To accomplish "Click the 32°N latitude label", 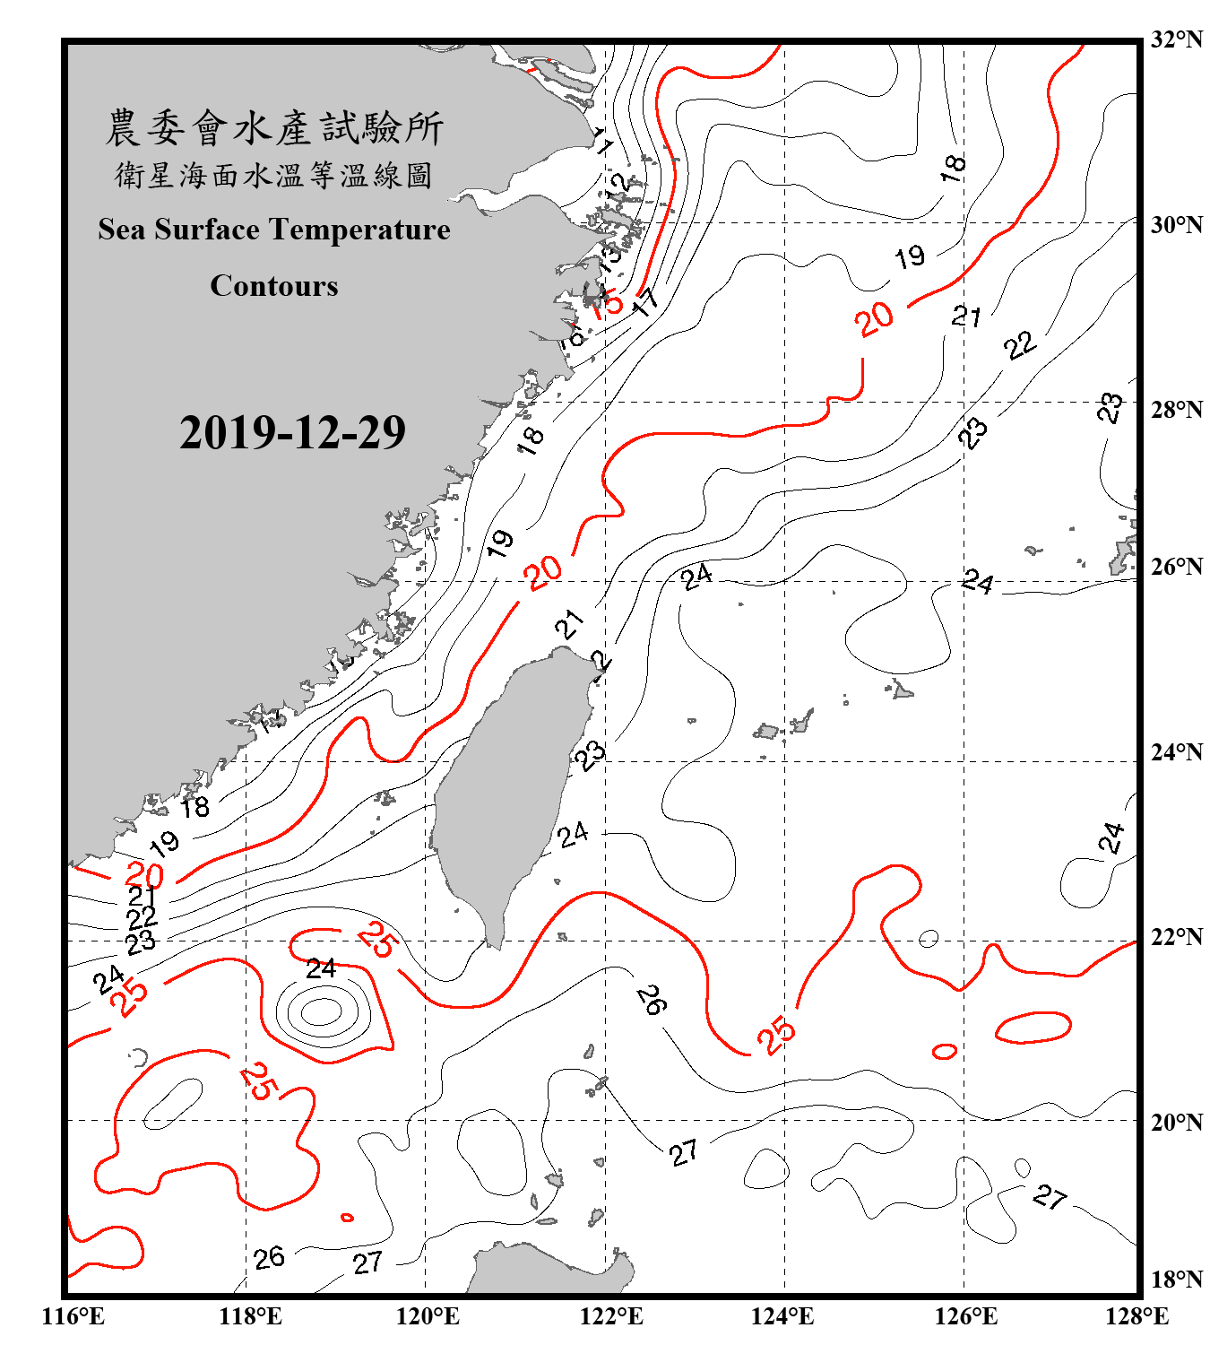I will tap(1177, 39).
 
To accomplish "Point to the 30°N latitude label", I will tap(1177, 225).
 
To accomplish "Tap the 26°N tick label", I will tap(1177, 567).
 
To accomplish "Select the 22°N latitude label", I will tap(1177, 937).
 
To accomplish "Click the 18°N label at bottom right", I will tap(1177, 1280).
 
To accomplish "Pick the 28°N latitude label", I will tap(1177, 410).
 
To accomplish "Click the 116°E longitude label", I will tap(73, 1316).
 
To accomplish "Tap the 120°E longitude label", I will tap(428, 1316).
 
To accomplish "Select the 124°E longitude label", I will tap(782, 1316).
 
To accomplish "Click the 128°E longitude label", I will tap(1137, 1316).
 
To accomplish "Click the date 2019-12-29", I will tap(292, 433).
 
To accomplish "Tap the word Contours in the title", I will tap(274, 286).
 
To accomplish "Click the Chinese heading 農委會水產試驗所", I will tap(274, 128).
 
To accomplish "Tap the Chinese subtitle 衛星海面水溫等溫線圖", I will tap(274, 176).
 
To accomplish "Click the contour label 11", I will tap(601, 142).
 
